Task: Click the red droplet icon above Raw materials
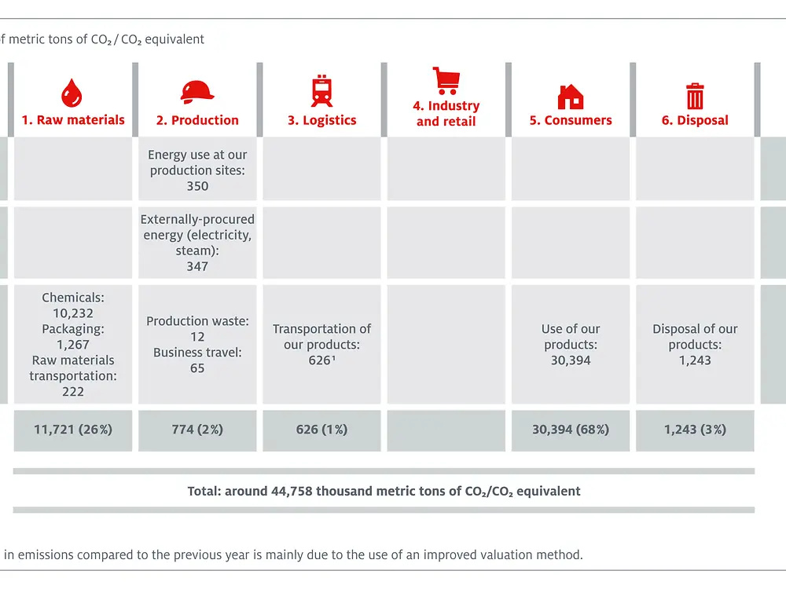point(72,93)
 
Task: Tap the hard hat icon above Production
point(196,92)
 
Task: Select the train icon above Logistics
point(321,90)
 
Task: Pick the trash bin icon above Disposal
point(695,96)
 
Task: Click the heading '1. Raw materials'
point(73,120)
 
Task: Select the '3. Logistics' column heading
point(321,120)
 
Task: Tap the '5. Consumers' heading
point(571,120)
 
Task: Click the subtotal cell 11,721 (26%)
point(73,430)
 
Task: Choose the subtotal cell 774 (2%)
point(197,430)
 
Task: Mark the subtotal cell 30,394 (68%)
point(571,430)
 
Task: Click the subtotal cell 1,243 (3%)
point(695,430)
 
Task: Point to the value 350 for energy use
point(197,186)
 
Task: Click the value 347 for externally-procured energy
point(197,266)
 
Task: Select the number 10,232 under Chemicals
point(73,313)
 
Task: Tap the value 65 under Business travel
point(197,368)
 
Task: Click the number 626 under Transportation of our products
point(319,360)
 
